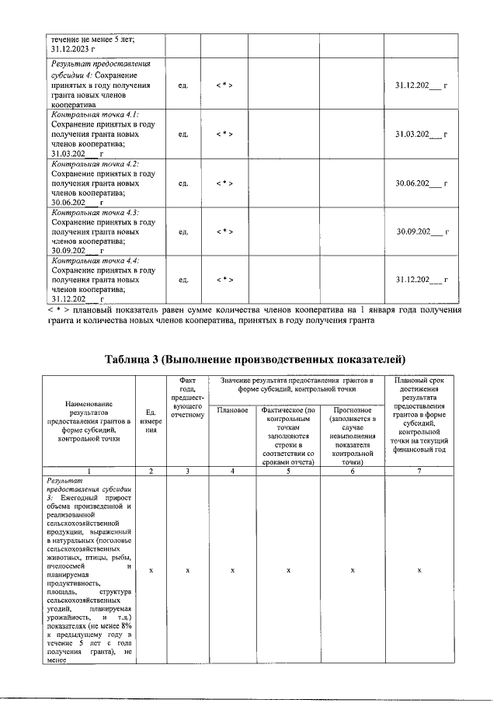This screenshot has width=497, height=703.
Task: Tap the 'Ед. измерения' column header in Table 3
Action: click(151, 423)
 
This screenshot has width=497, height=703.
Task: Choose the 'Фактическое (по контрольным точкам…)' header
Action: click(287, 435)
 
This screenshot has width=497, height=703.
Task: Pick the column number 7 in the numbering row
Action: click(419, 471)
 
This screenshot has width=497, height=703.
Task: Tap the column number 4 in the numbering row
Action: click(233, 471)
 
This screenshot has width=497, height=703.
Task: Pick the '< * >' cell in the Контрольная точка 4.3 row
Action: click(224, 231)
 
